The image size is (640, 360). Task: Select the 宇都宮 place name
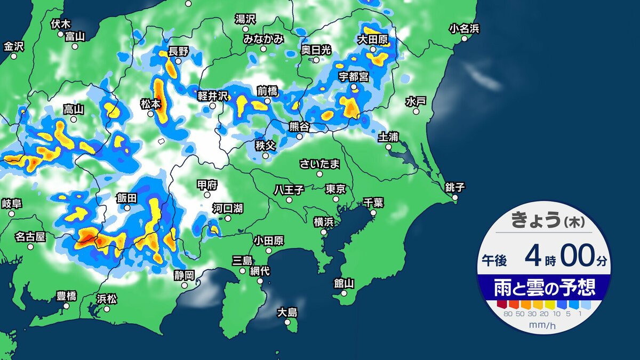point(353,76)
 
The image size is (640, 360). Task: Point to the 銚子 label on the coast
point(455,187)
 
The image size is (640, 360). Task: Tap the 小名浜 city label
point(464,28)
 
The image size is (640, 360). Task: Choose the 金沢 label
point(14,46)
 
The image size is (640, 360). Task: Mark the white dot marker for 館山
point(345,293)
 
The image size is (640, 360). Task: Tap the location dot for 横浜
point(324,232)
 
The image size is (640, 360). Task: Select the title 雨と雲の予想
point(544,289)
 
